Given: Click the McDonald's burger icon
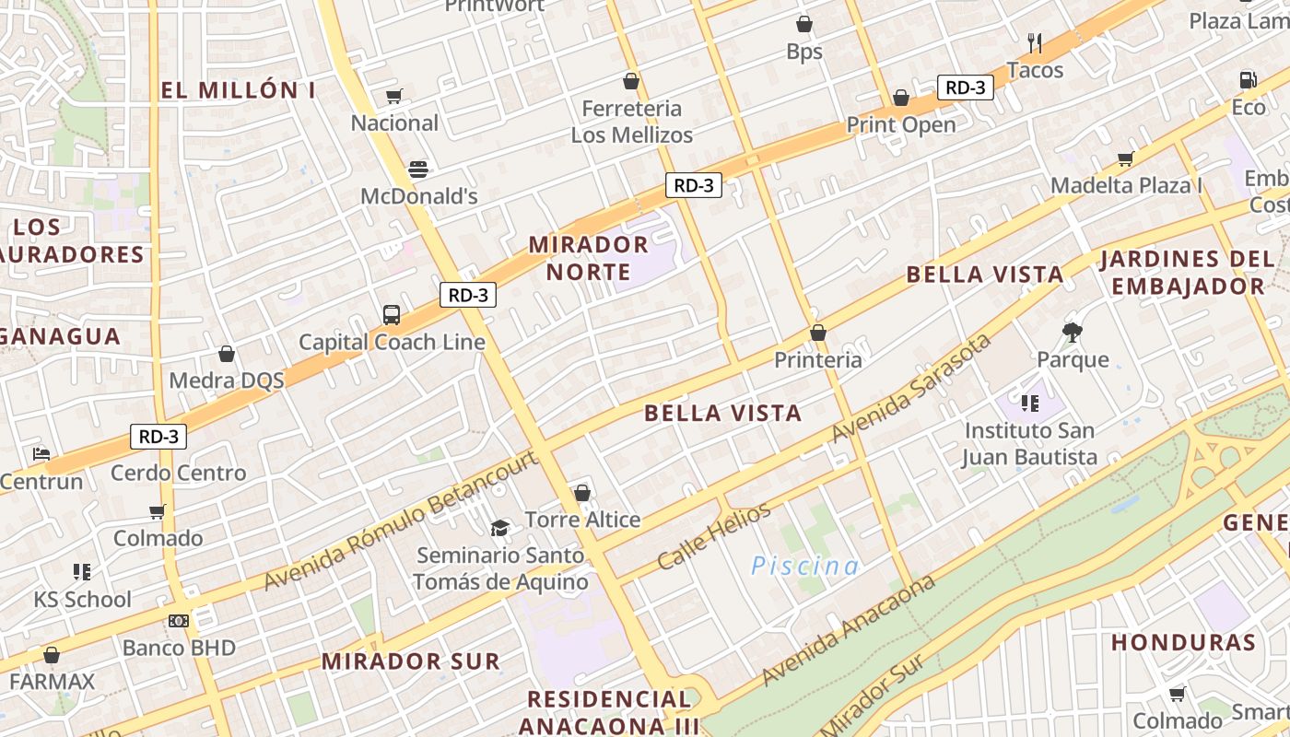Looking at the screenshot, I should tap(418, 169).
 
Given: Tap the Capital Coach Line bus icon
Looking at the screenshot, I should tap(392, 315).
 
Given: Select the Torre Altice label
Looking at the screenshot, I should tap(582, 520).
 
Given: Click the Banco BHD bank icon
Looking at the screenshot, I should tap(179, 621).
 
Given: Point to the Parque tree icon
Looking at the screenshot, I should tap(1072, 332).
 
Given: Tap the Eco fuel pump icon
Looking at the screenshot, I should tap(1249, 80).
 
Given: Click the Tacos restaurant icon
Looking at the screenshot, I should tap(1035, 42).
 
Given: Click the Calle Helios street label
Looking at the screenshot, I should tap(713, 536).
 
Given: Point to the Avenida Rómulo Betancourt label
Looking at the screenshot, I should tap(400, 521).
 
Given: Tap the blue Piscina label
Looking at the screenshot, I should tap(804, 566).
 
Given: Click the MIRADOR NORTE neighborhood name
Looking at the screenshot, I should tap(588, 258).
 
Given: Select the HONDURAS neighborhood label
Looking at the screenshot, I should tap(1183, 642).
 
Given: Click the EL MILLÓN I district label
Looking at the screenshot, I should tap(238, 90).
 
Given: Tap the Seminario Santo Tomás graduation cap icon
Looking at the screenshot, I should tap(499, 528).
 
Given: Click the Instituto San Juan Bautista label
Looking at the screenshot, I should tap(1030, 443).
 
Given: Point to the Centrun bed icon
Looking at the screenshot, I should tap(41, 453).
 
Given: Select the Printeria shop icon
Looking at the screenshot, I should tap(817, 333).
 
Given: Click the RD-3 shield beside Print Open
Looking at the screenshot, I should tap(965, 88).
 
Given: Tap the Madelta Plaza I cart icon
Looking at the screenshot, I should tap(1125, 158).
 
